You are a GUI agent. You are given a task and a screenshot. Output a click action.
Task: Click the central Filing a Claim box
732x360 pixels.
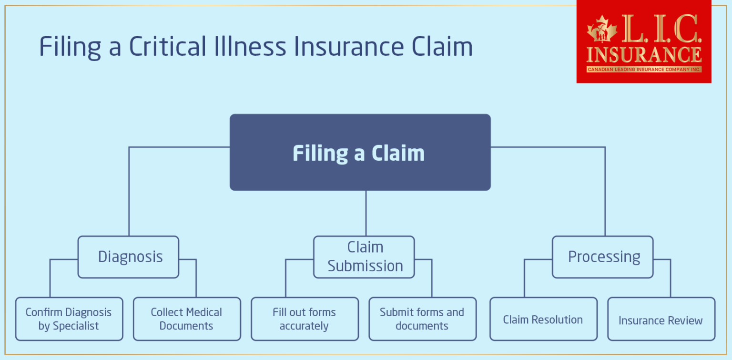click(360, 152)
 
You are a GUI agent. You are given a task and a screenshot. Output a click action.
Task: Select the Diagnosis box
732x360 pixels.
click(128, 257)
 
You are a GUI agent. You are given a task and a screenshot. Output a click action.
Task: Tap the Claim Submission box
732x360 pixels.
click(364, 257)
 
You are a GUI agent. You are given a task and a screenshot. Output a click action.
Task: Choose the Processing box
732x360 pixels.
click(602, 257)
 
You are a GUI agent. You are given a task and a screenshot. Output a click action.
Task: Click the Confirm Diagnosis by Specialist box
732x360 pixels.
click(69, 319)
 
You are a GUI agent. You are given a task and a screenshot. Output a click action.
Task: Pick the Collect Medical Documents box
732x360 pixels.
click(186, 319)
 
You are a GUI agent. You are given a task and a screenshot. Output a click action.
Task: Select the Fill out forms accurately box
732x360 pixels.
click(305, 319)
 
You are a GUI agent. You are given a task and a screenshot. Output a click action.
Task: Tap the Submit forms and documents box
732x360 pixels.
click(422, 319)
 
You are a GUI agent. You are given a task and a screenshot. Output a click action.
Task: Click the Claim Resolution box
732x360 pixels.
click(543, 319)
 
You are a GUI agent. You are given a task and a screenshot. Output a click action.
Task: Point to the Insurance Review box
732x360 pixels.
click(661, 319)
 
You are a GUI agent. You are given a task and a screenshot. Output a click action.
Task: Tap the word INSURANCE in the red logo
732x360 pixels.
click(644, 54)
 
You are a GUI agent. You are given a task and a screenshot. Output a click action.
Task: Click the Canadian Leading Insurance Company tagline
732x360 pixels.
click(644, 70)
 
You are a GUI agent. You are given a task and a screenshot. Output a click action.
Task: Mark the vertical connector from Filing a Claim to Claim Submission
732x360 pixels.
click(366, 213)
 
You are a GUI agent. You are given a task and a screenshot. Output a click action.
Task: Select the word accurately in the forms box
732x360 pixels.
click(305, 326)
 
